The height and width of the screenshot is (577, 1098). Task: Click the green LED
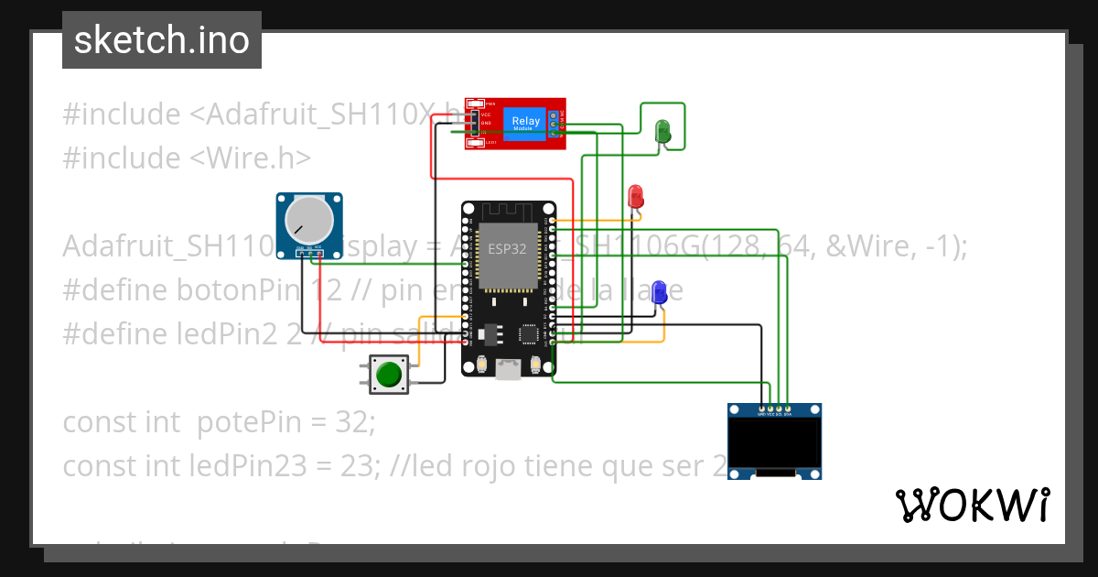[663, 131]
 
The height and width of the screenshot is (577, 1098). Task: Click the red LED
[636, 196]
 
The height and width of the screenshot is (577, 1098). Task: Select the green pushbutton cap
[389, 375]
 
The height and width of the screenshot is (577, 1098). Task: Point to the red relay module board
[514, 123]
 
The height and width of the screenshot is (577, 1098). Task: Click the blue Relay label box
[525, 122]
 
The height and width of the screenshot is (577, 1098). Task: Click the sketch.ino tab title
[161, 40]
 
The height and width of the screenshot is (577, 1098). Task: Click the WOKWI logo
[973, 505]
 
